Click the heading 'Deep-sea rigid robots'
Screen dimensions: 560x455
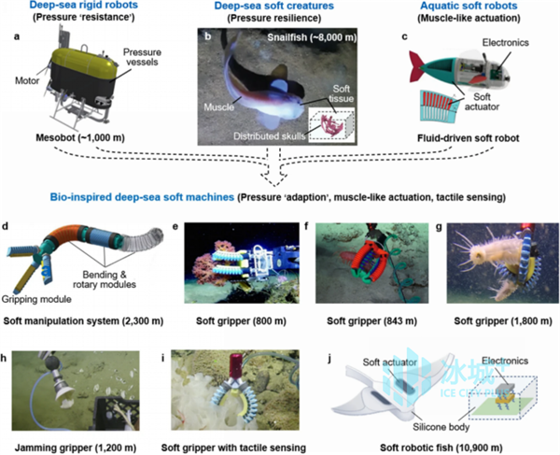[84, 6]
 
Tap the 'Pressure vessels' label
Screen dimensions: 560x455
[142, 57]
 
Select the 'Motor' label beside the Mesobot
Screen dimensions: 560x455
[27, 80]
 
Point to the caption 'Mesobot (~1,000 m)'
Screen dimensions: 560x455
[80, 137]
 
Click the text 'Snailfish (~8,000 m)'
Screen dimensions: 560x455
[312, 37]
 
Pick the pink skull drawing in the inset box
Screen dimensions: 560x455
[332, 125]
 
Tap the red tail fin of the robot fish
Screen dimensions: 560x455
[417, 65]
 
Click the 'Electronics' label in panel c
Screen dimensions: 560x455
[505, 43]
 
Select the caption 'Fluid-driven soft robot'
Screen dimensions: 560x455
[469, 138]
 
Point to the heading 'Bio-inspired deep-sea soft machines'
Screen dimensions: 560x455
[142, 197]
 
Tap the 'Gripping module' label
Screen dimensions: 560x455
[36, 299]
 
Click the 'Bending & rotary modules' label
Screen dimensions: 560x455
[105, 279]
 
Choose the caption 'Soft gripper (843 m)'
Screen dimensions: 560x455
[371, 321]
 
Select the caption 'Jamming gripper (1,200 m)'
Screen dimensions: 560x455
[76, 448]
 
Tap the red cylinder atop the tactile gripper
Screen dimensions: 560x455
[235, 366]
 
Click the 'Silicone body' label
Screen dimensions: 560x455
[441, 427]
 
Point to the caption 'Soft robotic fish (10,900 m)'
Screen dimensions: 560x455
[441, 448]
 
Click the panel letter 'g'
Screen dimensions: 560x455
[439, 227]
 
